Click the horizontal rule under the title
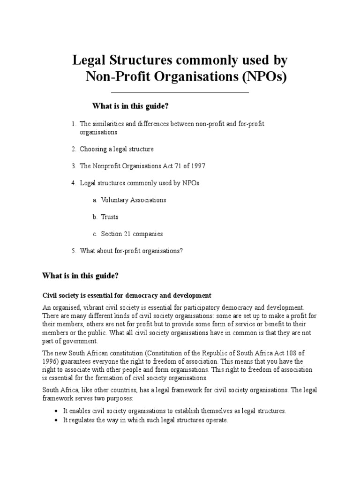(x=180, y=92)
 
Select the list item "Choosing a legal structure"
(x=117, y=149)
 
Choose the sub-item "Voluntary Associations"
(x=134, y=200)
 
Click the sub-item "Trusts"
(x=110, y=217)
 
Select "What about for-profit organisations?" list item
(x=131, y=251)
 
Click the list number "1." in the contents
(x=74, y=124)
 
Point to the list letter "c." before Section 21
(x=95, y=233)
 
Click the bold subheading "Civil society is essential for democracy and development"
(x=127, y=295)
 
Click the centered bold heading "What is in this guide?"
(x=130, y=106)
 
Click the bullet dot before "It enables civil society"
(x=56, y=411)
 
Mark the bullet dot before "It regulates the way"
(x=56, y=420)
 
